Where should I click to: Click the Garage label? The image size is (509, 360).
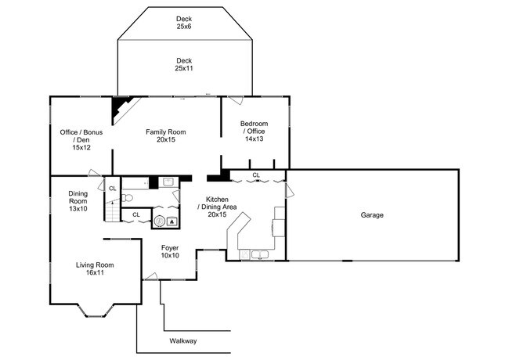click(372, 215)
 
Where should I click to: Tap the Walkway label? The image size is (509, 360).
click(183, 341)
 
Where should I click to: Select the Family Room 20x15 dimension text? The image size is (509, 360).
click(165, 140)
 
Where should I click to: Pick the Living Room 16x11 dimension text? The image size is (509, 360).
click(95, 273)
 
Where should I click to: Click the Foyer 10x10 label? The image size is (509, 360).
click(170, 252)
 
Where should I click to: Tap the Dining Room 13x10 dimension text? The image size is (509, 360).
click(78, 208)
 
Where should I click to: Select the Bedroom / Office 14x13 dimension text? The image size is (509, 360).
click(254, 139)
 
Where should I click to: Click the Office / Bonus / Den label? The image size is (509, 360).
click(81, 136)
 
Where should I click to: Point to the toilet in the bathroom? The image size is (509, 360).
click(127, 197)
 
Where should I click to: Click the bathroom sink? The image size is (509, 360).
click(169, 182)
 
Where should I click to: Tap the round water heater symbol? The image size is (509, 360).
click(160, 221)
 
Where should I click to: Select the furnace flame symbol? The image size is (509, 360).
click(171, 221)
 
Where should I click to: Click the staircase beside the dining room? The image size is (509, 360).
click(112, 211)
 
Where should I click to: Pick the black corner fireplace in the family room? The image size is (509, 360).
click(121, 109)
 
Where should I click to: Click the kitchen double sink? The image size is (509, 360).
click(260, 254)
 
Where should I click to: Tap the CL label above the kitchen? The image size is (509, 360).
click(256, 175)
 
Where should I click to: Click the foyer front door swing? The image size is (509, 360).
click(150, 276)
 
